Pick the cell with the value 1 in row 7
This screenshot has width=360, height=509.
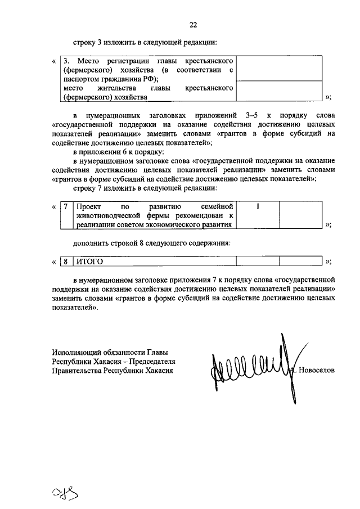[257, 206]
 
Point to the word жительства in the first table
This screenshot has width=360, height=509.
[116, 88]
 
